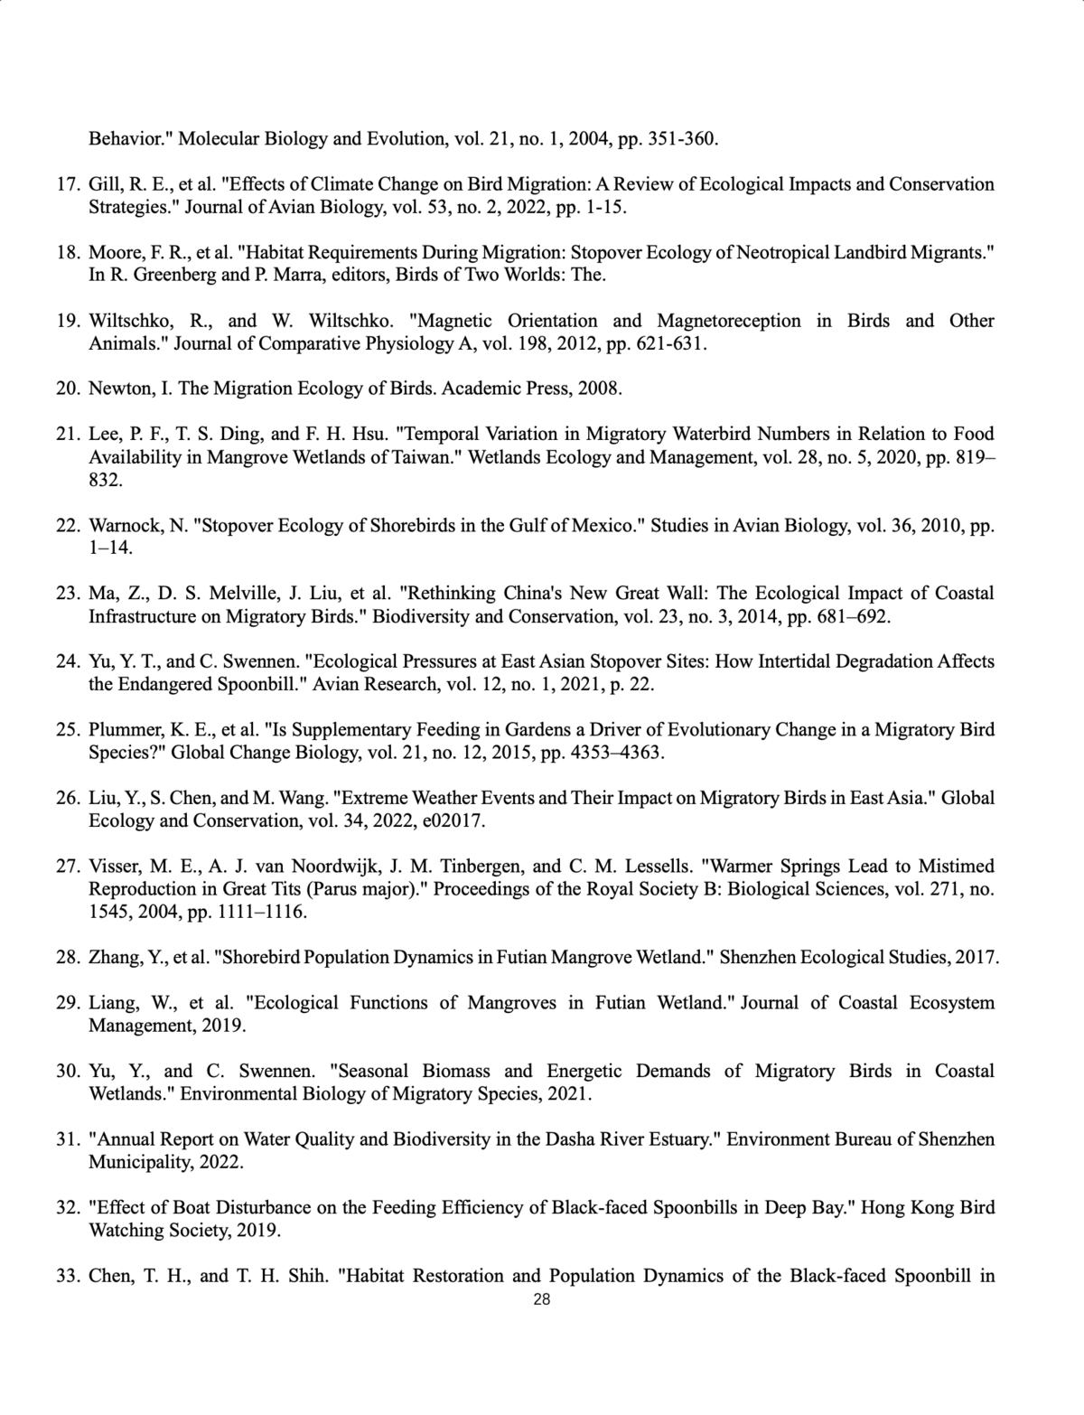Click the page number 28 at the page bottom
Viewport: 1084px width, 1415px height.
tap(542, 1300)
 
